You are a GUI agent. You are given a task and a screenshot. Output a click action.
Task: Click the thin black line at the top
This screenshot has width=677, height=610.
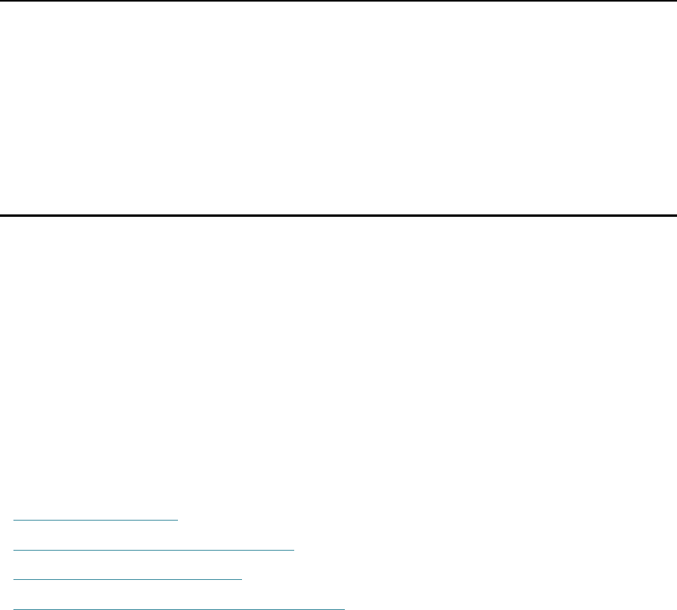[x=338, y=1]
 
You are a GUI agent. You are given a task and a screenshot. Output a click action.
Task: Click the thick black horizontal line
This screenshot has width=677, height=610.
[x=338, y=215]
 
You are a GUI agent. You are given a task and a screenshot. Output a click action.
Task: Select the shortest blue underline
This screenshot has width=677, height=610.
[x=97, y=519]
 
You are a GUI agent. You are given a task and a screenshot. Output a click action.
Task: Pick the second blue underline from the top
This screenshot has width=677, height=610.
[x=154, y=547]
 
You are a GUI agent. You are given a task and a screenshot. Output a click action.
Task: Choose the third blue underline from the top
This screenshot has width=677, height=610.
[x=128, y=578]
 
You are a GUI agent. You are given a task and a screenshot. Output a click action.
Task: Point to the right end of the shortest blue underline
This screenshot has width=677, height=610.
[x=180, y=519]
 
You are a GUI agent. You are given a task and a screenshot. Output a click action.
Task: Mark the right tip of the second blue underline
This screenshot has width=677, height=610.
[x=293, y=547]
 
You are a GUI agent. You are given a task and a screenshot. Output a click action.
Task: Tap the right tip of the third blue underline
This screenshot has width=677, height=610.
[x=242, y=578]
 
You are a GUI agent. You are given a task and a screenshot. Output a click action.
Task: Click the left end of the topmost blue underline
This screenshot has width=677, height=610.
[x=15, y=519]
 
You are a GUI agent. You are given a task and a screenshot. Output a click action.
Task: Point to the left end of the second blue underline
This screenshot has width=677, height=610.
[x=15, y=547]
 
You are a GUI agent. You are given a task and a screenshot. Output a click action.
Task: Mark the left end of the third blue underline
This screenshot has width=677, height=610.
[x=15, y=578]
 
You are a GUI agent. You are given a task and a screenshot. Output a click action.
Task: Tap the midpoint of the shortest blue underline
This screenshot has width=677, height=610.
[x=97, y=519]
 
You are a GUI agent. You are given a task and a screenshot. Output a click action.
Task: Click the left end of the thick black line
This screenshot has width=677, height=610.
[x=1, y=215]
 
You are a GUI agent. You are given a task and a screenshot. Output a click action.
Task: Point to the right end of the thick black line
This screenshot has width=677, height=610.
[x=675, y=215]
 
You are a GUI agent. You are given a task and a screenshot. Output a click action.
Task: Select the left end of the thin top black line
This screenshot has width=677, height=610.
[x=1, y=1]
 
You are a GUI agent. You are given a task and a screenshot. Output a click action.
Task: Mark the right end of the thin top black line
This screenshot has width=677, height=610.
[x=675, y=1]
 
